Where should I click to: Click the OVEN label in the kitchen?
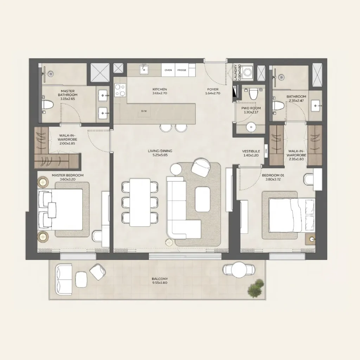tap(168, 70)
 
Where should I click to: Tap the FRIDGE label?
tap(182, 70)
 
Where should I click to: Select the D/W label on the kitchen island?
tap(144, 111)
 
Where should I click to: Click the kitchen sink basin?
tap(144, 70)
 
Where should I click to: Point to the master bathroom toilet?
tap(47, 105)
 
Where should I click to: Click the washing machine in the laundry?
tap(248, 72)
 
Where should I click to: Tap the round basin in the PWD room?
tap(251, 127)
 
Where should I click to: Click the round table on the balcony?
tap(239, 270)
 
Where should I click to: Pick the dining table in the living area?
tap(140, 202)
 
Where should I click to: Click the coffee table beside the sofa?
tap(202, 199)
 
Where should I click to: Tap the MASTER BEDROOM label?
tap(68, 175)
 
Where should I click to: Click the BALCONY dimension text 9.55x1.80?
tap(160, 283)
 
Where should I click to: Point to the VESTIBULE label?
tap(251, 151)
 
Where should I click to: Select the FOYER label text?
tap(213, 89)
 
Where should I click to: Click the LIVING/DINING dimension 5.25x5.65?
tap(160, 155)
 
